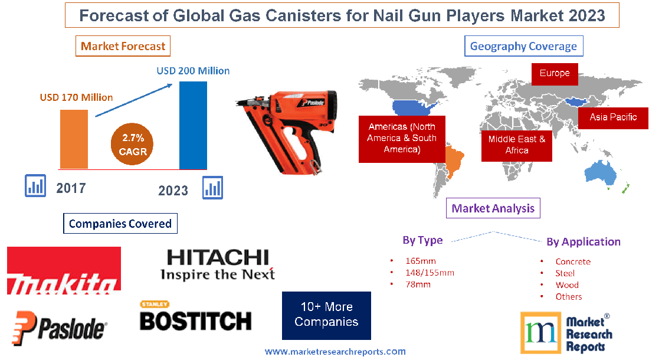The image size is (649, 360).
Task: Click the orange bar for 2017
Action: pyautogui.click(x=74, y=139)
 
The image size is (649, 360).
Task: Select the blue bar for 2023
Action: pyautogui.click(x=194, y=125)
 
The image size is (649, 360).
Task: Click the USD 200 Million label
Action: pyautogui.click(x=193, y=71)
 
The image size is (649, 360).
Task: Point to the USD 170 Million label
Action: pyautogui.click(x=76, y=97)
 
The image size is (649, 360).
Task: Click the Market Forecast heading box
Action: pyautogui.click(x=123, y=46)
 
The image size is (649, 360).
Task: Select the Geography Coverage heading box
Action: pyautogui.click(x=523, y=46)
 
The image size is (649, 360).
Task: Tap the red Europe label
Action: pyautogui.click(x=554, y=73)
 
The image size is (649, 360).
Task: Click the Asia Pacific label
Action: pyautogui.click(x=613, y=117)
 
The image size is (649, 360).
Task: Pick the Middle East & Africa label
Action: pyautogui.click(x=516, y=145)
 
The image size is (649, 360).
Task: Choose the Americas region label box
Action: pyautogui.click(x=402, y=139)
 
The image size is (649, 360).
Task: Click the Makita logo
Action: pyautogui.click(x=64, y=271)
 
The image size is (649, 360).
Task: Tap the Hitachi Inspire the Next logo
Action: pyautogui.click(x=218, y=264)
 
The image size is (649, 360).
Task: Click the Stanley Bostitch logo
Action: pyautogui.click(x=195, y=317)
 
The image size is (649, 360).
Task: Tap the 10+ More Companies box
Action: pyautogui.click(x=326, y=315)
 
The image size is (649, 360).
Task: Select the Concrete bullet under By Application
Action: pyautogui.click(x=572, y=261)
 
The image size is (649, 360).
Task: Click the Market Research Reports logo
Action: pyautogui.click(x=566, y=332)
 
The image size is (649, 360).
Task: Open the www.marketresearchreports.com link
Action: pyautogui.click(x=335, y=352)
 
